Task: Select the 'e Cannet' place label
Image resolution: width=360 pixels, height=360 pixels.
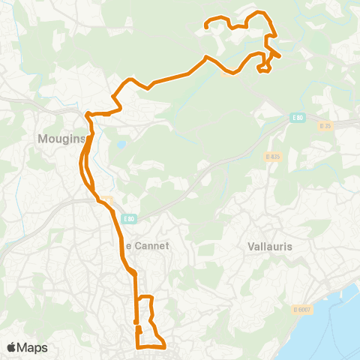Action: pyautogui.click(x=148, y=245)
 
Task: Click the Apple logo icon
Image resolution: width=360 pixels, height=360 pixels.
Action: pyautogui.click(x=12, y=347)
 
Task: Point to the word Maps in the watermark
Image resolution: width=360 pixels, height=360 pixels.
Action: pyautogui.click(x=33, y=347)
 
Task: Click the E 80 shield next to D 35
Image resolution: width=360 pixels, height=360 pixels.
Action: pyautogui.click(x=298, y=118)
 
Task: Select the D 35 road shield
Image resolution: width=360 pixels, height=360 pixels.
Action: pyautogui.click(x=325, y=126)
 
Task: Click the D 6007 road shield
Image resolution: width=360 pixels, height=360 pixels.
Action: pyautogui.click(x=301, y=308)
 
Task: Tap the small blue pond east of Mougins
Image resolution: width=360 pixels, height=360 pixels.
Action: pyautogui.click(x=121, y=144)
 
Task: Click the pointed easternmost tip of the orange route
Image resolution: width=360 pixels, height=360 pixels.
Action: pyautogui.click(x=280, y=55)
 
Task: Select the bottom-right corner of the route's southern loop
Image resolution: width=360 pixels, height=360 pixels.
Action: pyautogui.click(x=164, y=346)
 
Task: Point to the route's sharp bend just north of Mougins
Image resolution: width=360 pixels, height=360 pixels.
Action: pyautogui.click(x=88, y=115)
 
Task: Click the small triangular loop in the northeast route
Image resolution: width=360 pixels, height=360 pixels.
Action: pyautogui.click(x=263, y=68)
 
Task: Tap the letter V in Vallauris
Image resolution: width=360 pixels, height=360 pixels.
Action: pyautogui.click(x=250, y=246)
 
